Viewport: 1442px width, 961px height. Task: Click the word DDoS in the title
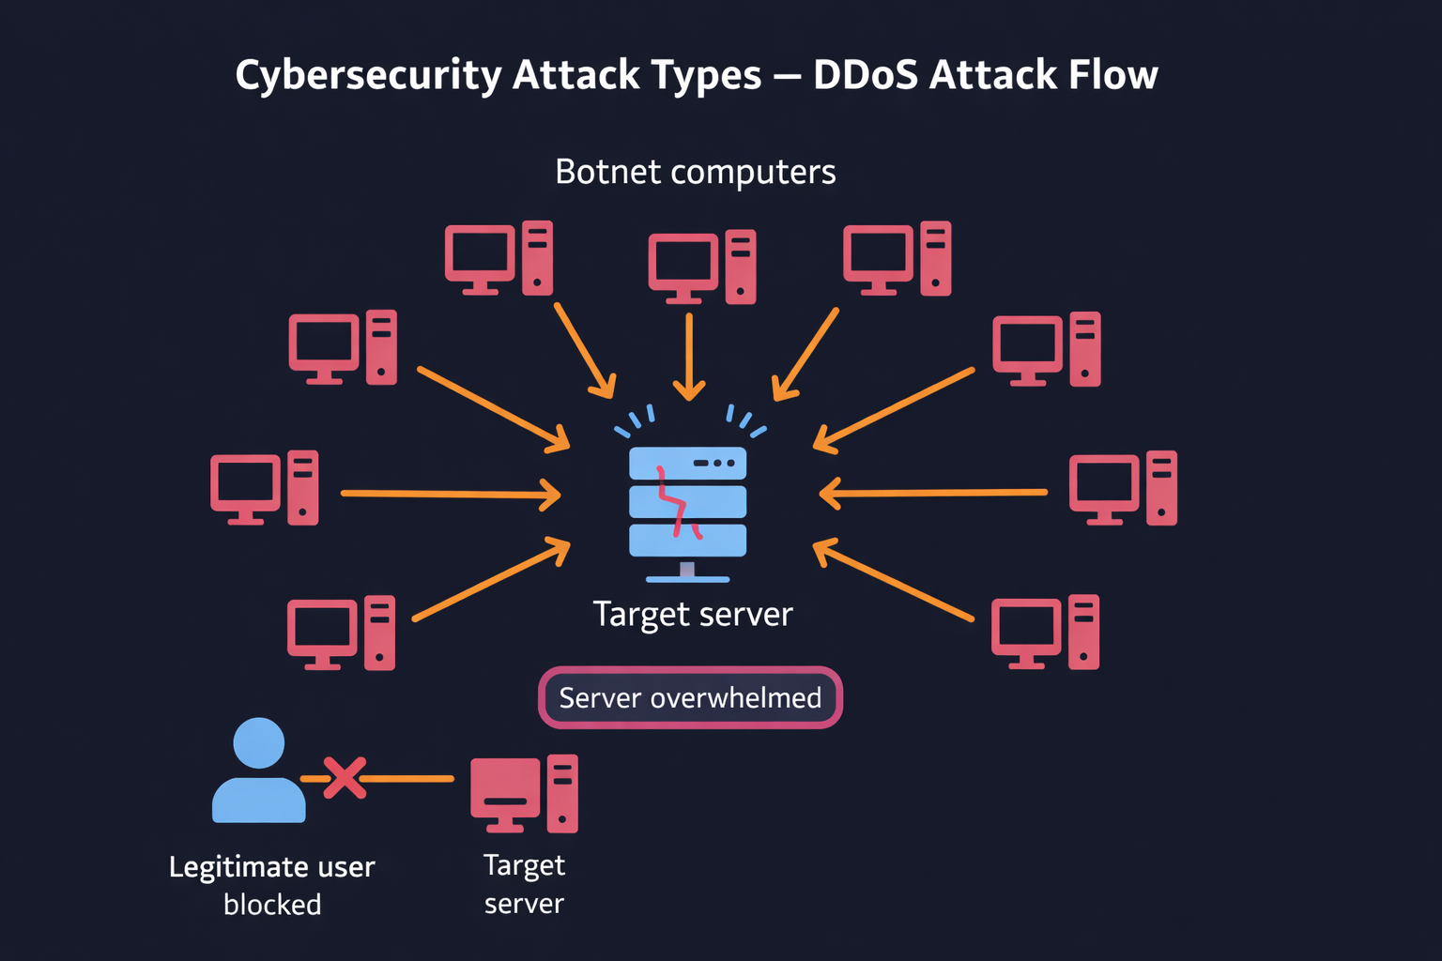tap(866, 75)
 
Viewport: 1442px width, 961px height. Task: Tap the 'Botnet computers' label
tap(695, 172)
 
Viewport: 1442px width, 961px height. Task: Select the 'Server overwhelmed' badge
tap(690, 697)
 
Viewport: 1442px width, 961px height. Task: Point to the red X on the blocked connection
tap(345, 778)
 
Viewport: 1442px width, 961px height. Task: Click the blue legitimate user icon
tap(258, 770)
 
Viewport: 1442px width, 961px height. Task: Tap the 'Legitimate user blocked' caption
tap(272, 885)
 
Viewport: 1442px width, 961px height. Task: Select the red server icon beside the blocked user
tap(524, 793)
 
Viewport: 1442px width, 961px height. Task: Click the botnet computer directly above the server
tap(701, 267)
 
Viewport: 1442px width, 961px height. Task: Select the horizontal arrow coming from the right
tap(933, 492)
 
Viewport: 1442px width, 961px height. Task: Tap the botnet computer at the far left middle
tap(264, 488)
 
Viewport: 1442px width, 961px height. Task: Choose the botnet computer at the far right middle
tap(1123, 488)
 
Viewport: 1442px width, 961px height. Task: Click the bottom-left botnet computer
tap(341, 633)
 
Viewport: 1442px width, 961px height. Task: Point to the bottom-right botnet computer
tap(1045, 632)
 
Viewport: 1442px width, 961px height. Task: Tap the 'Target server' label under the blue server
tap(693, 614)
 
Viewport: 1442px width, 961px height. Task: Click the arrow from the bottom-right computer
tap(893, 580)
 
